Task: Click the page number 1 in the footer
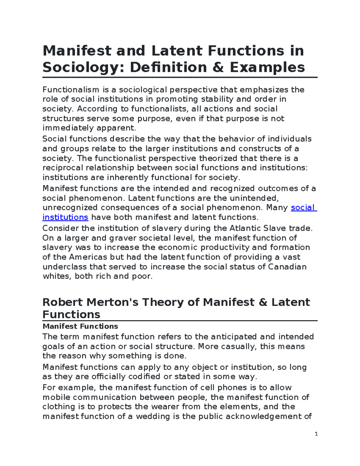point(316,434)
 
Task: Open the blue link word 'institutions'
point(65,217)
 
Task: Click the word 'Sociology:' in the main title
point(83,67)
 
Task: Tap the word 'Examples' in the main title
point(268,67)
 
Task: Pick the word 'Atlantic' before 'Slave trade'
point(245,228)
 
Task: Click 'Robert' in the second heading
point(62,302)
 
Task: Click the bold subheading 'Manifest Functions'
point(80,326)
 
